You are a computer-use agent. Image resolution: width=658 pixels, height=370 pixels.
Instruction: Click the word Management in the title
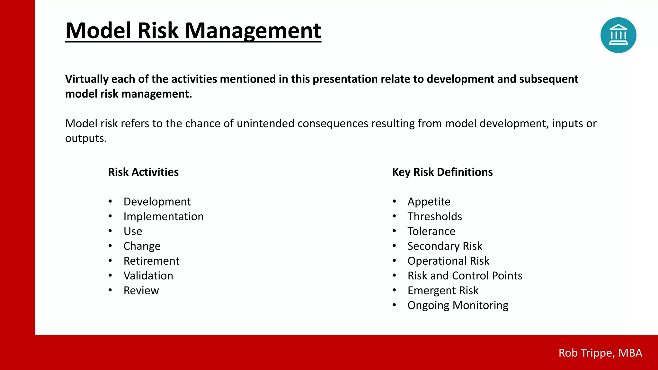[253, 31]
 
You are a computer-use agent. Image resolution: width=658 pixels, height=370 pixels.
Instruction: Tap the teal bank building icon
[618, 35]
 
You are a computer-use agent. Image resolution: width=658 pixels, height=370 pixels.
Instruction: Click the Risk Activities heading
[143, 172]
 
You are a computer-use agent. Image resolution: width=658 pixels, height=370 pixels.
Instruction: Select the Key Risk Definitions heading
[442, 172]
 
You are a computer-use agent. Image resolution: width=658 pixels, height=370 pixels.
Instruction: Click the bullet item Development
[157, 202]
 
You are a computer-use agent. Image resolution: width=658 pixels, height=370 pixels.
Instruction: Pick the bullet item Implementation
[164, 216]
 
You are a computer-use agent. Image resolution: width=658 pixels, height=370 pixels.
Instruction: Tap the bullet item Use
[133, 231]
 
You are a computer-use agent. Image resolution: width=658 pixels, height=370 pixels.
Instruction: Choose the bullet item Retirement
[151, 261]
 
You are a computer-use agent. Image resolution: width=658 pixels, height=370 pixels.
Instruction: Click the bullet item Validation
[148, 276]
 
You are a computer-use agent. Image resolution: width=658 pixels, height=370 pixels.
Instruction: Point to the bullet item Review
[141, 290]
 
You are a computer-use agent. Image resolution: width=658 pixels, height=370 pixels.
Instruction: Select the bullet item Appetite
[429, 202]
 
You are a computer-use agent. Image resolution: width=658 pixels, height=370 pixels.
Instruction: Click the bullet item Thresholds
[435, 216]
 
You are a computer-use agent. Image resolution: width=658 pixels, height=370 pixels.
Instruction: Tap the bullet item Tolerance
[431, 231]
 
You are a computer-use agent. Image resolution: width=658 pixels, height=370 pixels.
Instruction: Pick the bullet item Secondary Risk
[445, 246]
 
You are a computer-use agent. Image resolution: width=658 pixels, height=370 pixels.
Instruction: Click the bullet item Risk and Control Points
[465, 276]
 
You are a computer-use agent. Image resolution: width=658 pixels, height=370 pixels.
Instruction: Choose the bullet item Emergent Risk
[443, 290]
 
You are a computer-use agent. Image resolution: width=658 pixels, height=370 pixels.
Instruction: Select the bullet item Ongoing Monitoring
[458, 305]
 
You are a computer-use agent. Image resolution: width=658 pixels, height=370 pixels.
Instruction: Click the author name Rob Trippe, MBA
[600, 353]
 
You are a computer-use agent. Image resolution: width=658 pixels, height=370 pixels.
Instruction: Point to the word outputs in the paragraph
[85, 138]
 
